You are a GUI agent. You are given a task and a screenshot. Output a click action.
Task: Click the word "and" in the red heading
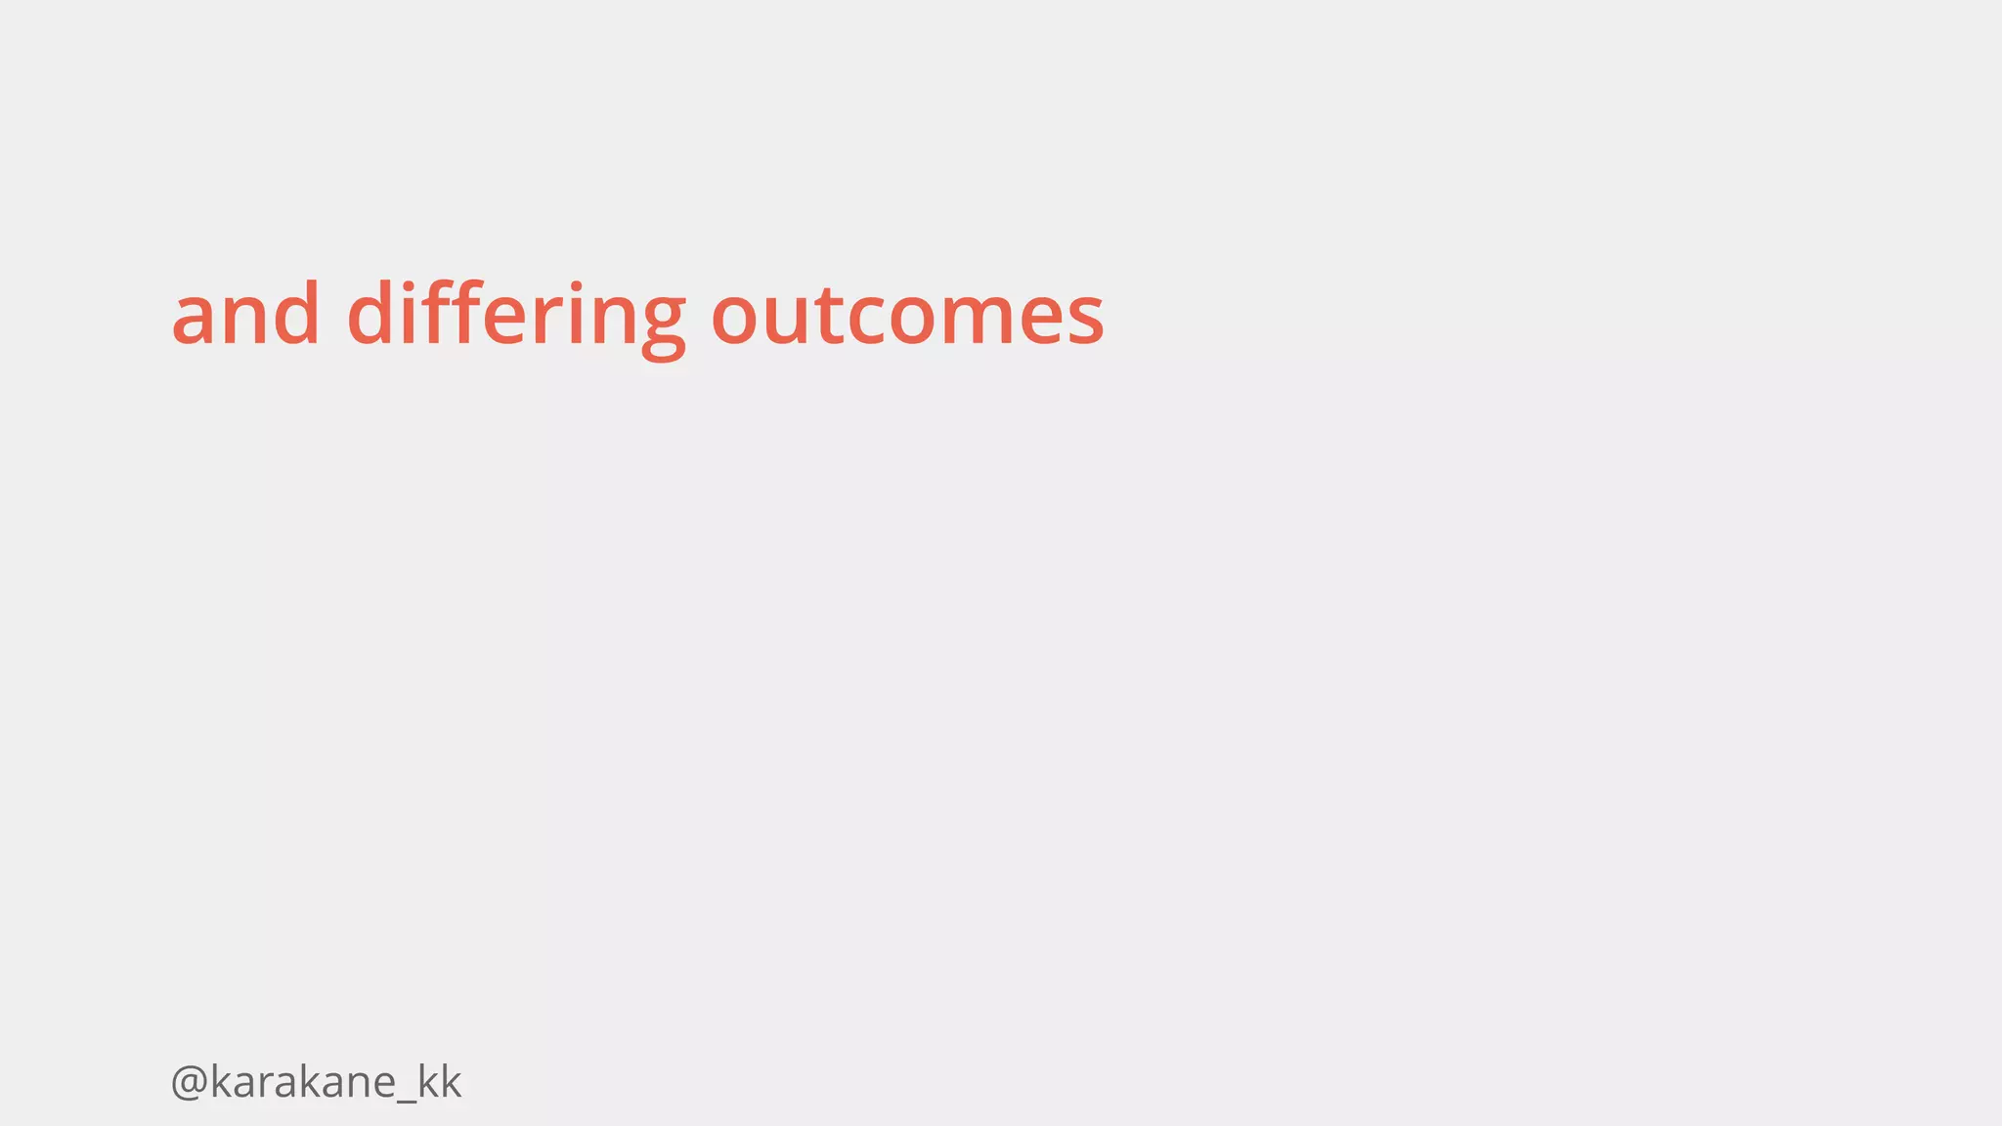tap(245, 314)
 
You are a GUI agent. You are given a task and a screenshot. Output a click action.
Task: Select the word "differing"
tap(516, 316)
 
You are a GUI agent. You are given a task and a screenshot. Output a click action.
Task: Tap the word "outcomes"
tap(907, 316)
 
